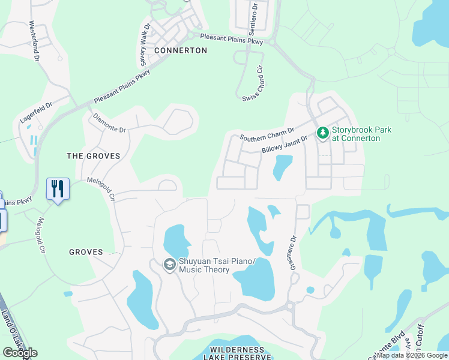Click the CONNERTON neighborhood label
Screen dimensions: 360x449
tap(180, 51)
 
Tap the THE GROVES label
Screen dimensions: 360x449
tap(93, 156)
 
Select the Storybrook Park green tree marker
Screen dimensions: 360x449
tap(322, 133)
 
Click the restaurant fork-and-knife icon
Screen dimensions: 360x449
tap(58, 189)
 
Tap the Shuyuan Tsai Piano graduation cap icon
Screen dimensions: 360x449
tap(170, 265)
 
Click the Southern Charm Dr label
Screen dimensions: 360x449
tap(267, 134)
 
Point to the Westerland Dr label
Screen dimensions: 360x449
tap(34, 41)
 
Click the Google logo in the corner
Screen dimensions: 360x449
tap(20, 353)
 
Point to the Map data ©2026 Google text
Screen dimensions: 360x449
tap(412, 355)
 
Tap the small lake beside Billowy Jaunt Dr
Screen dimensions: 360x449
tap(283, 167)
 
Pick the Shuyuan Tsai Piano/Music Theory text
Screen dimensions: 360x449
tap(205, 266)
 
